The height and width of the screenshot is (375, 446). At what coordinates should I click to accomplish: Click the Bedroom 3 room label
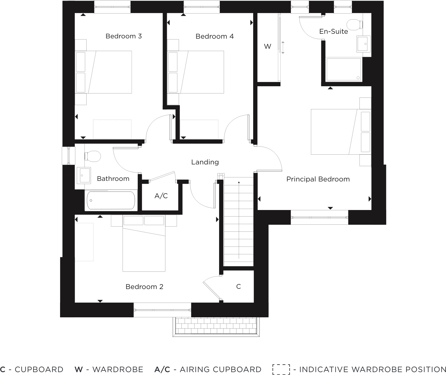[x=124, y=36]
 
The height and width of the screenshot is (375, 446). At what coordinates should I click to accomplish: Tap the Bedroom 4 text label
[x=214, y=36]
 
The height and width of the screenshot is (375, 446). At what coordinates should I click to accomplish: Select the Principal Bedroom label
[x=318, y=179]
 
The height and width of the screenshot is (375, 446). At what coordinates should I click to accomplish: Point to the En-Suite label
[x=333, y=31]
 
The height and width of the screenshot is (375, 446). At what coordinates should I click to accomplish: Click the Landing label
[x=205, y=162]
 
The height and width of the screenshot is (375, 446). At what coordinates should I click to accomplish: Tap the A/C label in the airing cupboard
[x=161, y=196]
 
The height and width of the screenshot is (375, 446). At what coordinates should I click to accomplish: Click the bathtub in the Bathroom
[x=111, y=200]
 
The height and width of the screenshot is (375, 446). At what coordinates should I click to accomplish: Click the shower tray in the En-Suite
[x=344, y=69]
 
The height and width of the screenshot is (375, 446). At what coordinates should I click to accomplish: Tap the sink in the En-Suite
[x=363, y=44]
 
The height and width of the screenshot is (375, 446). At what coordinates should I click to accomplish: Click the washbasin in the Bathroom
[x=84, y=175]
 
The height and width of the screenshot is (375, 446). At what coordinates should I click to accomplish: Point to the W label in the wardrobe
[x=268, y=46]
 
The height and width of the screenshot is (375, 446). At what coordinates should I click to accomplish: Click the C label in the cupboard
[x=238, y=286]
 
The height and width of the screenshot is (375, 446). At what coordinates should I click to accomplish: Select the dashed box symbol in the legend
[x=281, y=370]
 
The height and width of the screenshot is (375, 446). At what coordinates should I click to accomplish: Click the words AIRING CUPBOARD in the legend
[x=221, y=370]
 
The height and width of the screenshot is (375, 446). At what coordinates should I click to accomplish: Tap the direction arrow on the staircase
[x=239, y=219]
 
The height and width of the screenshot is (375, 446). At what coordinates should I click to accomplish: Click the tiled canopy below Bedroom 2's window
[x=216, y=327]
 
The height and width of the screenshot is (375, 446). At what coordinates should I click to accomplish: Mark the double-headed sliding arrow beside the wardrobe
[x=283, y=48]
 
